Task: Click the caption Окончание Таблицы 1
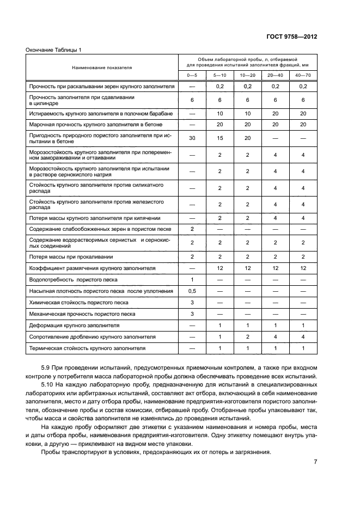point(53,50)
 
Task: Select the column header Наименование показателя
point(102,68)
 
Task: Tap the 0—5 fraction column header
point(192,75)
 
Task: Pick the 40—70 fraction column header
point(303,75)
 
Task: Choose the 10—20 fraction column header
point(248,75)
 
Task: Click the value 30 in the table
point(192,138)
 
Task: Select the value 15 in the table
point(220,138)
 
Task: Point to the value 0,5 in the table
point(192,291)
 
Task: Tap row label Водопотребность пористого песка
point(77,279)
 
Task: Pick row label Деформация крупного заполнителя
point(74,325)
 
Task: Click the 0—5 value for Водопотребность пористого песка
point(192,279)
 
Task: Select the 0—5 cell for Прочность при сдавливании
point(192,100)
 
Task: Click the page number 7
point(315,462)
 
